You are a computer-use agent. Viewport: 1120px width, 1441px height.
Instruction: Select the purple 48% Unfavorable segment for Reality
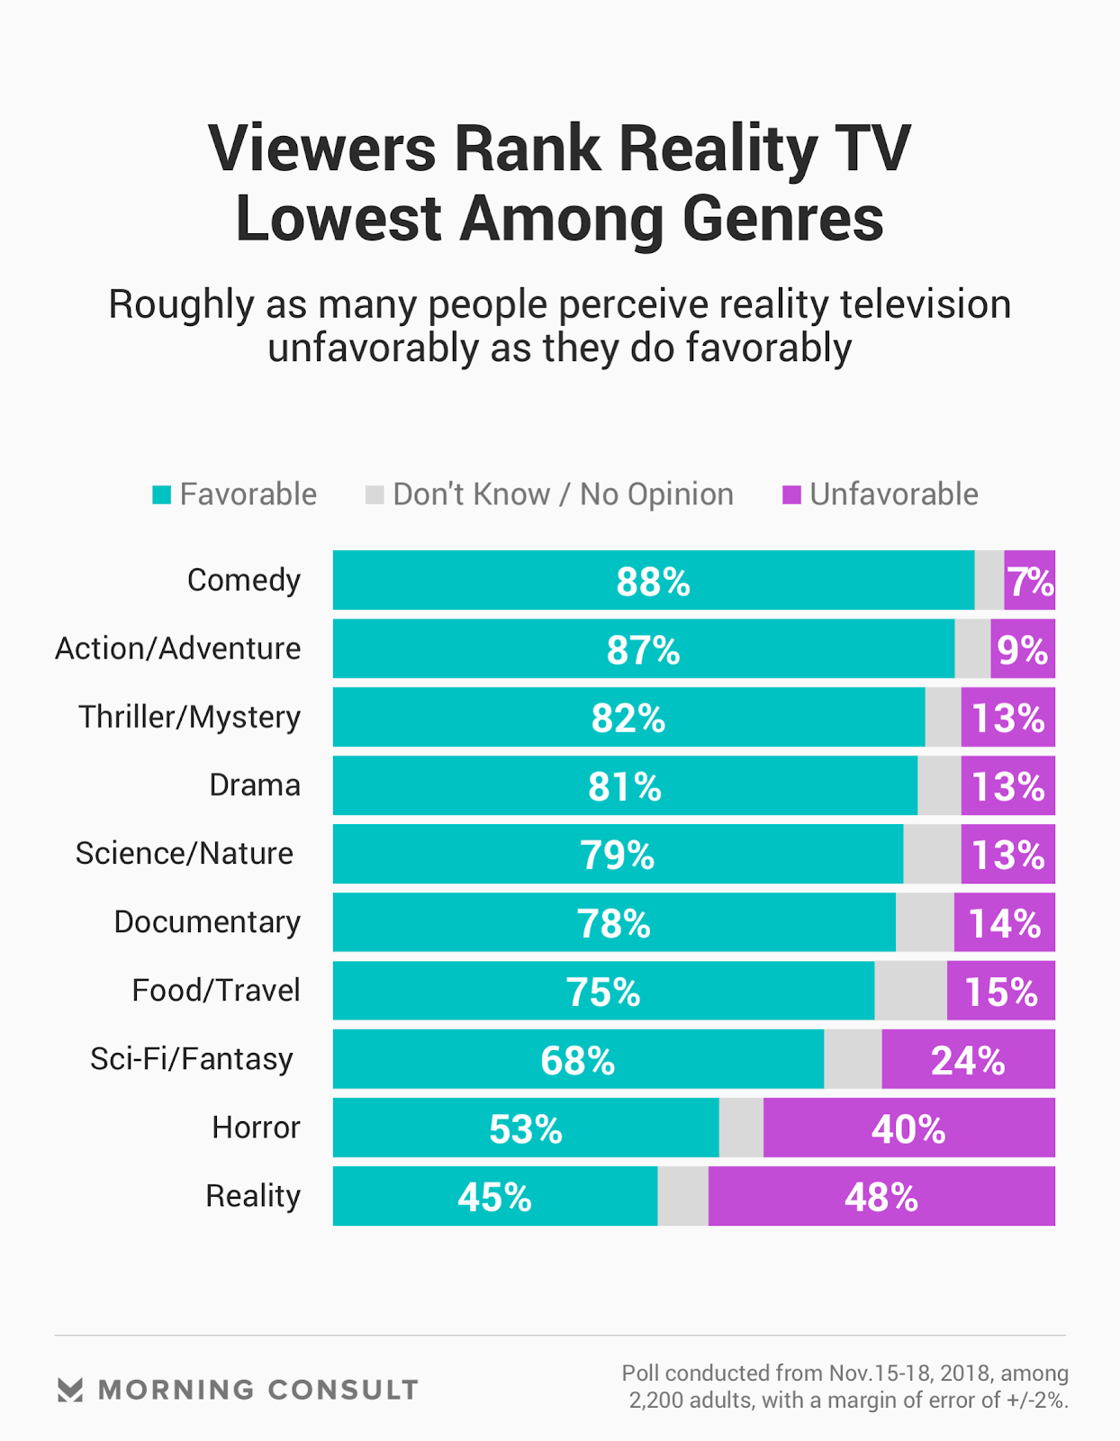[881, 1197]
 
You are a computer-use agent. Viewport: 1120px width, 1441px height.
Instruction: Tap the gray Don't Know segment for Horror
[741, 1128]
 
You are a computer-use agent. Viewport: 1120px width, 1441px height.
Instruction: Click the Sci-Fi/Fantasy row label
[192, 1059]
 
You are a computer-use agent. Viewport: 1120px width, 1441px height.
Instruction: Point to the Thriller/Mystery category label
[189, 717]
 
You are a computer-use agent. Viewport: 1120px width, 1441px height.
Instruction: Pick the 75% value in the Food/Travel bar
[602, 992]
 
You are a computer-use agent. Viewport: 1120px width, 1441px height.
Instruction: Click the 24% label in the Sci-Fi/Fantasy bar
[967, 1060]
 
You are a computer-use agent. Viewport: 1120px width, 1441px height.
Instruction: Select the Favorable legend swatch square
[162, 494]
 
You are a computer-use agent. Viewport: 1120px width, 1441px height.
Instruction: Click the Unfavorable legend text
[893, 494]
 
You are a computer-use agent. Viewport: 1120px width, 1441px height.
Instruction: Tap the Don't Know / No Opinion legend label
[563, 494]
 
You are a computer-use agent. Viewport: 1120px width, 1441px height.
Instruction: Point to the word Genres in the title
[782, 219]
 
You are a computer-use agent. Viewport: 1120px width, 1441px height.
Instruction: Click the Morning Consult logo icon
[70, 1390]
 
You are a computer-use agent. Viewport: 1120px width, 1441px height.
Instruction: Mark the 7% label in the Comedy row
[1030, 582]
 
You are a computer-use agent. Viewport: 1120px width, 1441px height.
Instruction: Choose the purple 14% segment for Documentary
[1004, 923]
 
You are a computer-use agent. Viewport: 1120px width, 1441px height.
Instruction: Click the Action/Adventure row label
[178, 648]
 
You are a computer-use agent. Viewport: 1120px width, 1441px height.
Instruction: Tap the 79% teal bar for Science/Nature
[617, 855]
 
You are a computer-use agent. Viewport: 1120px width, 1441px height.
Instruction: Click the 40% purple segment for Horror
[908, 1128]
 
